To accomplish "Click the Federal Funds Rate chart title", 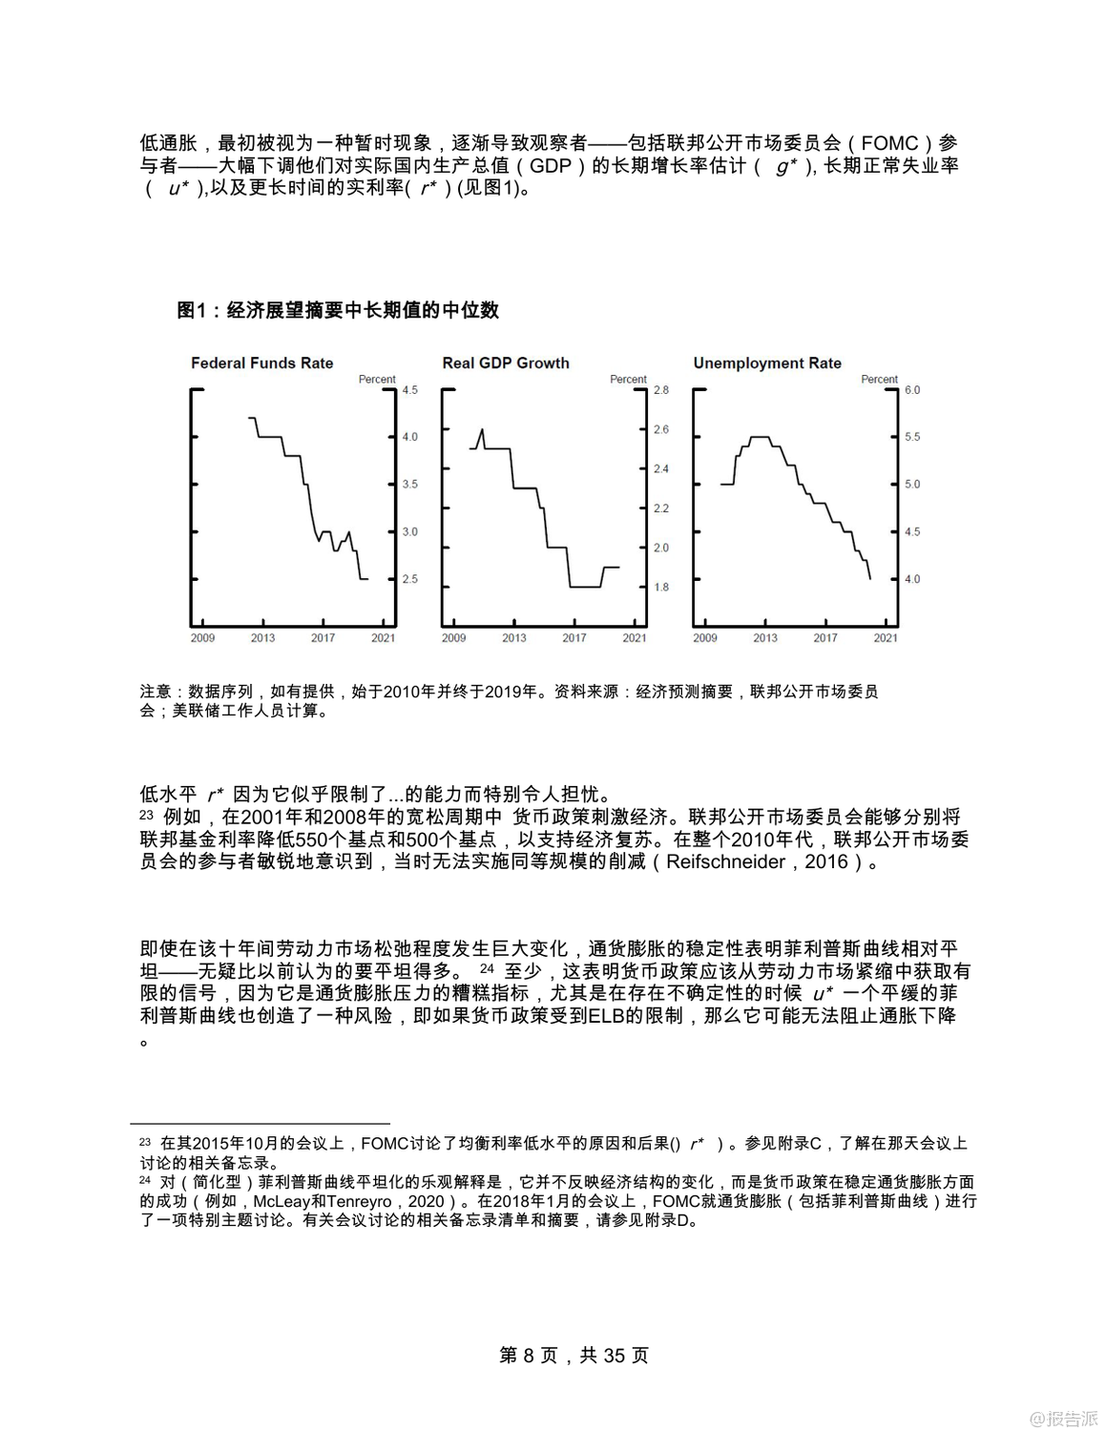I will point(261,363).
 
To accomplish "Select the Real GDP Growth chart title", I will point(506,363).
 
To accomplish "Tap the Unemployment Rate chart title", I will point(767,363).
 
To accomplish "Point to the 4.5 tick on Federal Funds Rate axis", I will point(409,390).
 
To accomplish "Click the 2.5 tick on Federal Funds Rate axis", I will point(409,579).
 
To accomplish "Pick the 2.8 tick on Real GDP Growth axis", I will point(661,390).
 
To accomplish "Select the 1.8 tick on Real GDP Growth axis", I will point(661,588).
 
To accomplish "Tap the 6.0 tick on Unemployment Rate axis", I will point(912,390).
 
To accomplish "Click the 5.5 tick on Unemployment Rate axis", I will point(912,437).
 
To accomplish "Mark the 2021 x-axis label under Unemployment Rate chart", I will point(886,638).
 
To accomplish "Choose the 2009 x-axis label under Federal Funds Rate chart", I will point(202,638).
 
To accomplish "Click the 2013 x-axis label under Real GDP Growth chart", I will point(514,638).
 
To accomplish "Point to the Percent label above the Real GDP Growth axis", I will point(628,380).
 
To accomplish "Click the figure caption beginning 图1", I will point(338,310).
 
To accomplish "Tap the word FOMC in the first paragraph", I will point(889,144).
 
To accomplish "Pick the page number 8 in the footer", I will point(531,1356).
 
